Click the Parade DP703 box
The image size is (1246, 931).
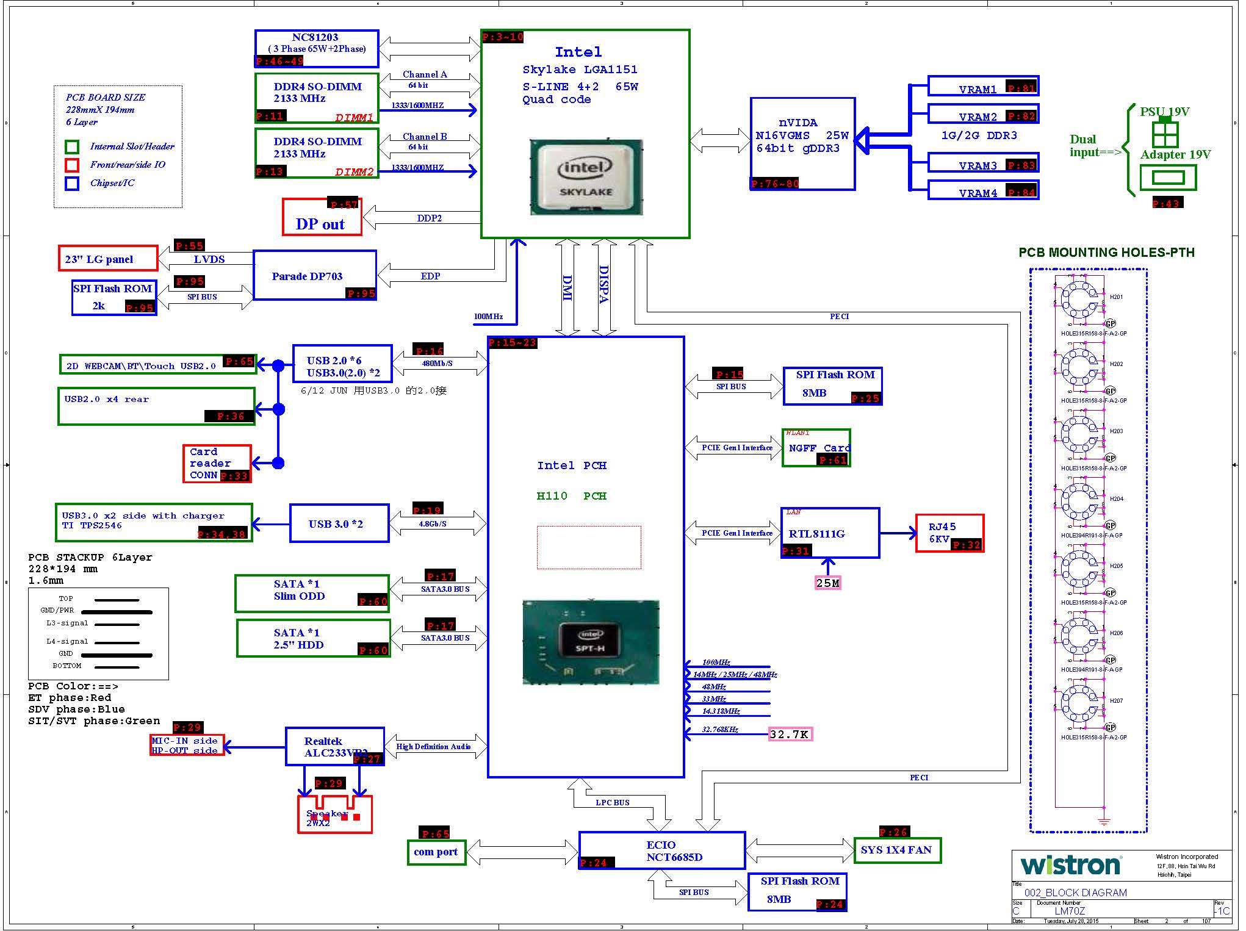coord(314,275)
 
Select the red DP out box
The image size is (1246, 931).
coord(322,217)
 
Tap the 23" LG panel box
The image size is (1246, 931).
coord(107,259)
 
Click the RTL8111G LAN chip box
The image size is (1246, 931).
coord(829,533)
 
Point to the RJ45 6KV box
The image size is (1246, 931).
coord(949,533)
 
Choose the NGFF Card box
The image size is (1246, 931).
coord(816,448)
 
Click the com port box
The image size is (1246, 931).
coord(436,852)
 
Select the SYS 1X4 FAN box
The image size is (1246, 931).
coord(896,850)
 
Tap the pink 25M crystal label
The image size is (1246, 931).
coord(827,583)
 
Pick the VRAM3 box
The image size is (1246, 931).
coord(982,165)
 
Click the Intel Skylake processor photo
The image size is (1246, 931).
coord(586,177)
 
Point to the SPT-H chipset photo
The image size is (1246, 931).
coord(591,642)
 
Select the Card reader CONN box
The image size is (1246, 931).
coord(217,464)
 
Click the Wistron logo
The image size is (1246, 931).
coord(1070,865)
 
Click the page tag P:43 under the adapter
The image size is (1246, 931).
coord(1167,203)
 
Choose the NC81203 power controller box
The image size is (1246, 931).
coord(316,48)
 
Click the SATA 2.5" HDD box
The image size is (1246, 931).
coord(312,638)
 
